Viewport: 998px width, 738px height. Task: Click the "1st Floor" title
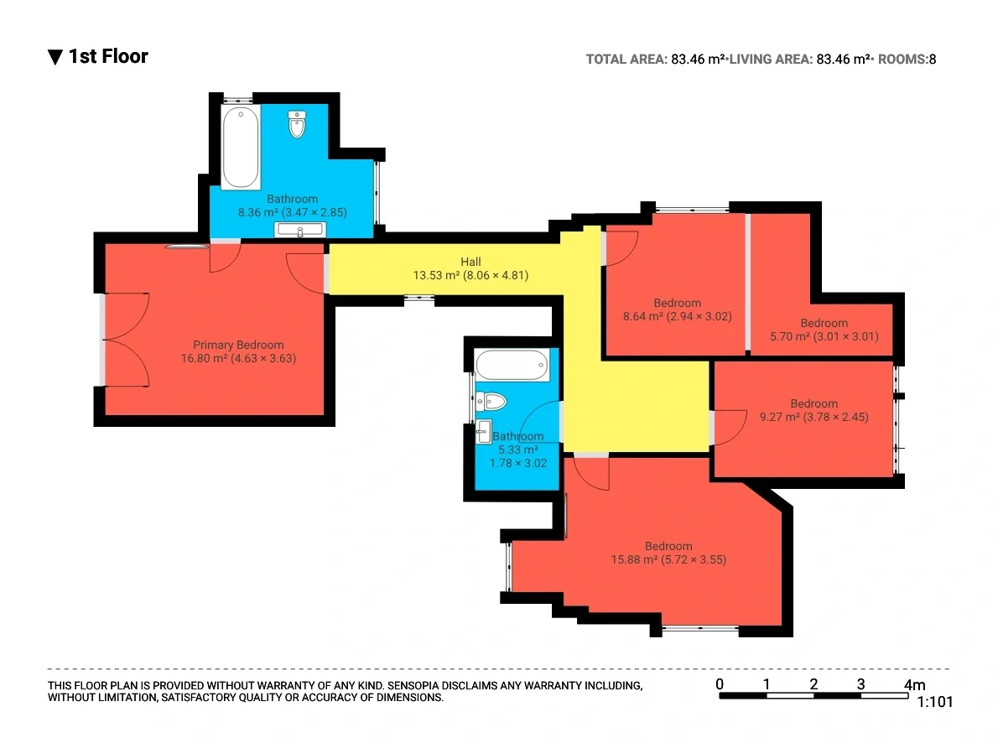click(x=108, y=57)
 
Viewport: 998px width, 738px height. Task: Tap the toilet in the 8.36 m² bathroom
click(x=297, y=124)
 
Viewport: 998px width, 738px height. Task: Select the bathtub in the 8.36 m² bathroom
click(x=241, y=147)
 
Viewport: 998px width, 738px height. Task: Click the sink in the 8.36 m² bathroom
click(x=299, y=229)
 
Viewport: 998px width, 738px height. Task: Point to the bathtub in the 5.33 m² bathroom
click(x=512, y=365)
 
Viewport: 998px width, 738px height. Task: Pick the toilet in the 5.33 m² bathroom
click(x=491, y=402)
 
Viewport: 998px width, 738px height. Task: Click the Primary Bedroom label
click(x=238, y=345)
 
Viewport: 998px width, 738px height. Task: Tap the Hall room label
click(x=470, y=262)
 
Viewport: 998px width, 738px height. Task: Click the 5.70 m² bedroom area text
click(x=788, y=336)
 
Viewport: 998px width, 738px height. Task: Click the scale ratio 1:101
click(x=934, y=702)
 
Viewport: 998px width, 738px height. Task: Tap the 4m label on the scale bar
click(x=915, y=684)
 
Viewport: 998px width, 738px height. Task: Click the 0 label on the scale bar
click(x=720, y=684)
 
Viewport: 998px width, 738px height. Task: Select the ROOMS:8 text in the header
click(x=907, y=60)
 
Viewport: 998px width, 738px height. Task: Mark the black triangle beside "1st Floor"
click(x=55, y=57)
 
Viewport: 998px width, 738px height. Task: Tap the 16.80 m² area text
click(x=204, y=358)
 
